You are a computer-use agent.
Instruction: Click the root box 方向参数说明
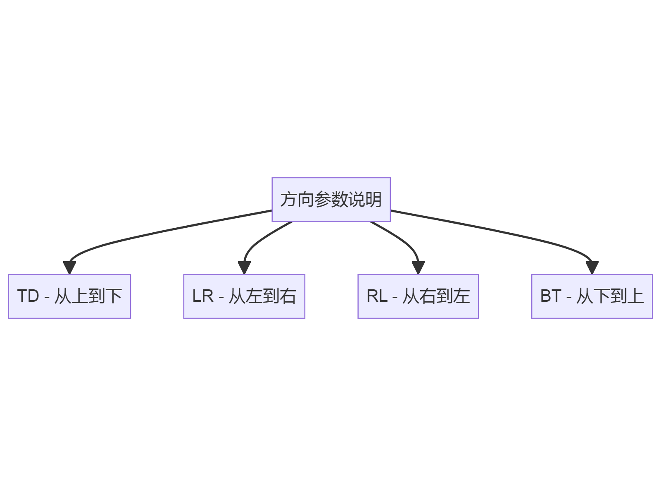tap(331, 199)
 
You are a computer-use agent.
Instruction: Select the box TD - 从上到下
tap(69, 296)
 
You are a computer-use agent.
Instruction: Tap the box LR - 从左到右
tap(244, 296)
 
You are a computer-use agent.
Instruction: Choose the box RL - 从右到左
tap(418, 296)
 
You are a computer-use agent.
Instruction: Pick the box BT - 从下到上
tap(592, 296)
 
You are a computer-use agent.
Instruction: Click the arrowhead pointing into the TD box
tap(69, 268)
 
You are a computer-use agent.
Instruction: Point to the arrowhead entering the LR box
tap(244, 268)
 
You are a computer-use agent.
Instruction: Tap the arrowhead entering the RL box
tap(418, 268)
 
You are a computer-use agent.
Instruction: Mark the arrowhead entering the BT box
tap(592, 268)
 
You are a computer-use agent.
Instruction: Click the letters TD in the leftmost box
tap(28, 296)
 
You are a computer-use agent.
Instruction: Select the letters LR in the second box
tap(203, 296)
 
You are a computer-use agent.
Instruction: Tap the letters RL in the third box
tap(377, 296)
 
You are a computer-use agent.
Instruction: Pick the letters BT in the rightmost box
tap(551, 296)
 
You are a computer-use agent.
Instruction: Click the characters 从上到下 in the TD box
tap(88, 296)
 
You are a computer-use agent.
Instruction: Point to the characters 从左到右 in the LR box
tap(263, 296)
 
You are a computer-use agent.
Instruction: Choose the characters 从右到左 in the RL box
tap(436, 296)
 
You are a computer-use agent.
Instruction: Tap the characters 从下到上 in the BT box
tap(610, 296)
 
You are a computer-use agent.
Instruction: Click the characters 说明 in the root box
tap(365, 199)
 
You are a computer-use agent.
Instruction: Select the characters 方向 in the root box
tap(297, 199)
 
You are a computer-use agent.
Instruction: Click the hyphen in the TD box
tap(47, 297)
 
